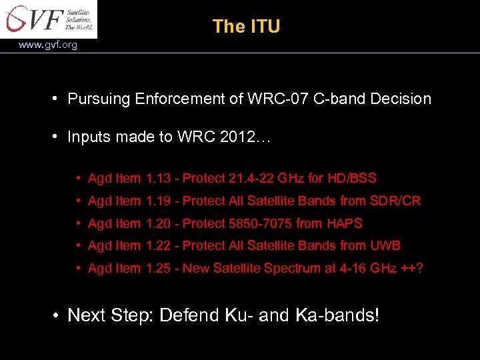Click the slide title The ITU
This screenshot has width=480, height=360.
pyautogui.click(x=246, y=27)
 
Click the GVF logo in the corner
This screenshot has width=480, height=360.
pyautogui.click(x=48, y=19)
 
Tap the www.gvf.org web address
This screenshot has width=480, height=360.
pyautogui.click(x=48, y=45)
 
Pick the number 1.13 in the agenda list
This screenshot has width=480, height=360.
pyautogui.click(x=160, y=179)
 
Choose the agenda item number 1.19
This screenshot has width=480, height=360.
pyautogui.click(x=160, y=201)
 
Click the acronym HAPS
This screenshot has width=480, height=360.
pyautogui.click(x=345, y=223)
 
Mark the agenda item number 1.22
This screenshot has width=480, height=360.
pyautogui.click(x=160, y=246)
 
